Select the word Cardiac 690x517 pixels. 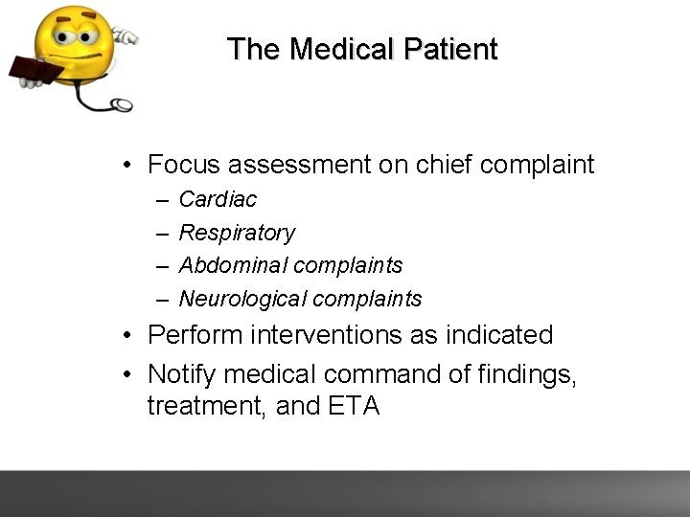coord(218,200)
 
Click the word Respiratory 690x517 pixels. coord(237,233)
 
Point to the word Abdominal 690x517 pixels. coord(233,265)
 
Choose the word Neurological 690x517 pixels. coord(244,299)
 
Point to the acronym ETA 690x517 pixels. coord(354,406)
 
